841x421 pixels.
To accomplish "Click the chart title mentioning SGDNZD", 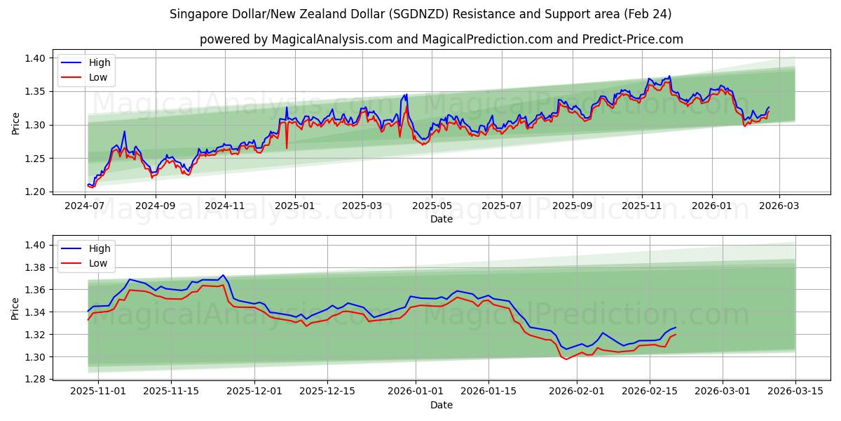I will click(420, 14).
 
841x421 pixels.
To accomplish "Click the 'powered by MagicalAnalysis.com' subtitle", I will click(441, 39).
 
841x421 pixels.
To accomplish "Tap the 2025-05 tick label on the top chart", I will click(432, 206).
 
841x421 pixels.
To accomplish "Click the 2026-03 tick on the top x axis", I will click(779, 206).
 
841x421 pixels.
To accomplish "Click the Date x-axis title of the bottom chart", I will click(442, 405).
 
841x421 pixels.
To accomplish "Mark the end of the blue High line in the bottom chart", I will click(676, 327).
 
